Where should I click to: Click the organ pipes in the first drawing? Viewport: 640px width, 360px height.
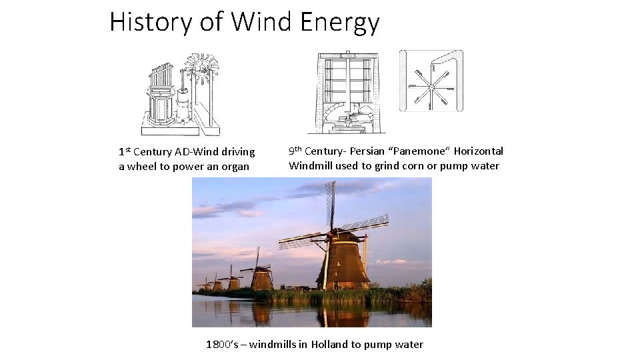click(161, 77)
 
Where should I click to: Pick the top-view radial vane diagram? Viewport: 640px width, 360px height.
click(431, 81)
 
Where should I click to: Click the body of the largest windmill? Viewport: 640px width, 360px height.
click(343, 263)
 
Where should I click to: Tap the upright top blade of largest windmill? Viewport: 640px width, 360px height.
click(329, 204)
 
